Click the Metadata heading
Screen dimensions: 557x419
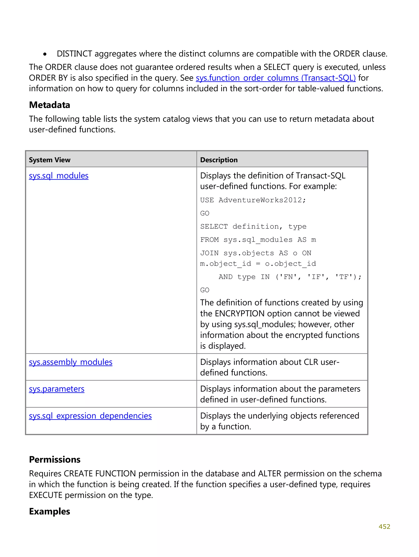[50, 105]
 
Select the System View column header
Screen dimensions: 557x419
[50, 160]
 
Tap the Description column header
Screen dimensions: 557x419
[219, 160]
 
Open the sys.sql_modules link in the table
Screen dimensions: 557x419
[59, 175]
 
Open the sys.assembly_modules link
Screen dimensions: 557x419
[70, 362]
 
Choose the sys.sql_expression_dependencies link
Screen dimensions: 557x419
[90, 416]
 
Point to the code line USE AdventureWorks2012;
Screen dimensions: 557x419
[253, 200]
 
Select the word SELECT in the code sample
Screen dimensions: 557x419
[214, 227]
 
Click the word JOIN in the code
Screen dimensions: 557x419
[209, 253]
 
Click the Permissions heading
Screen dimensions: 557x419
[55, 460]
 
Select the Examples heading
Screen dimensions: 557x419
[50, 511]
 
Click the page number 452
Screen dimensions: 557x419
[384, 526]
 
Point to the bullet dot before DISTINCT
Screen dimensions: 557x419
[45, 54]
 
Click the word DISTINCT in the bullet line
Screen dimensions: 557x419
[74, 54]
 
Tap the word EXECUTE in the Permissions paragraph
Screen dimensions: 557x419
[45, 495]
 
